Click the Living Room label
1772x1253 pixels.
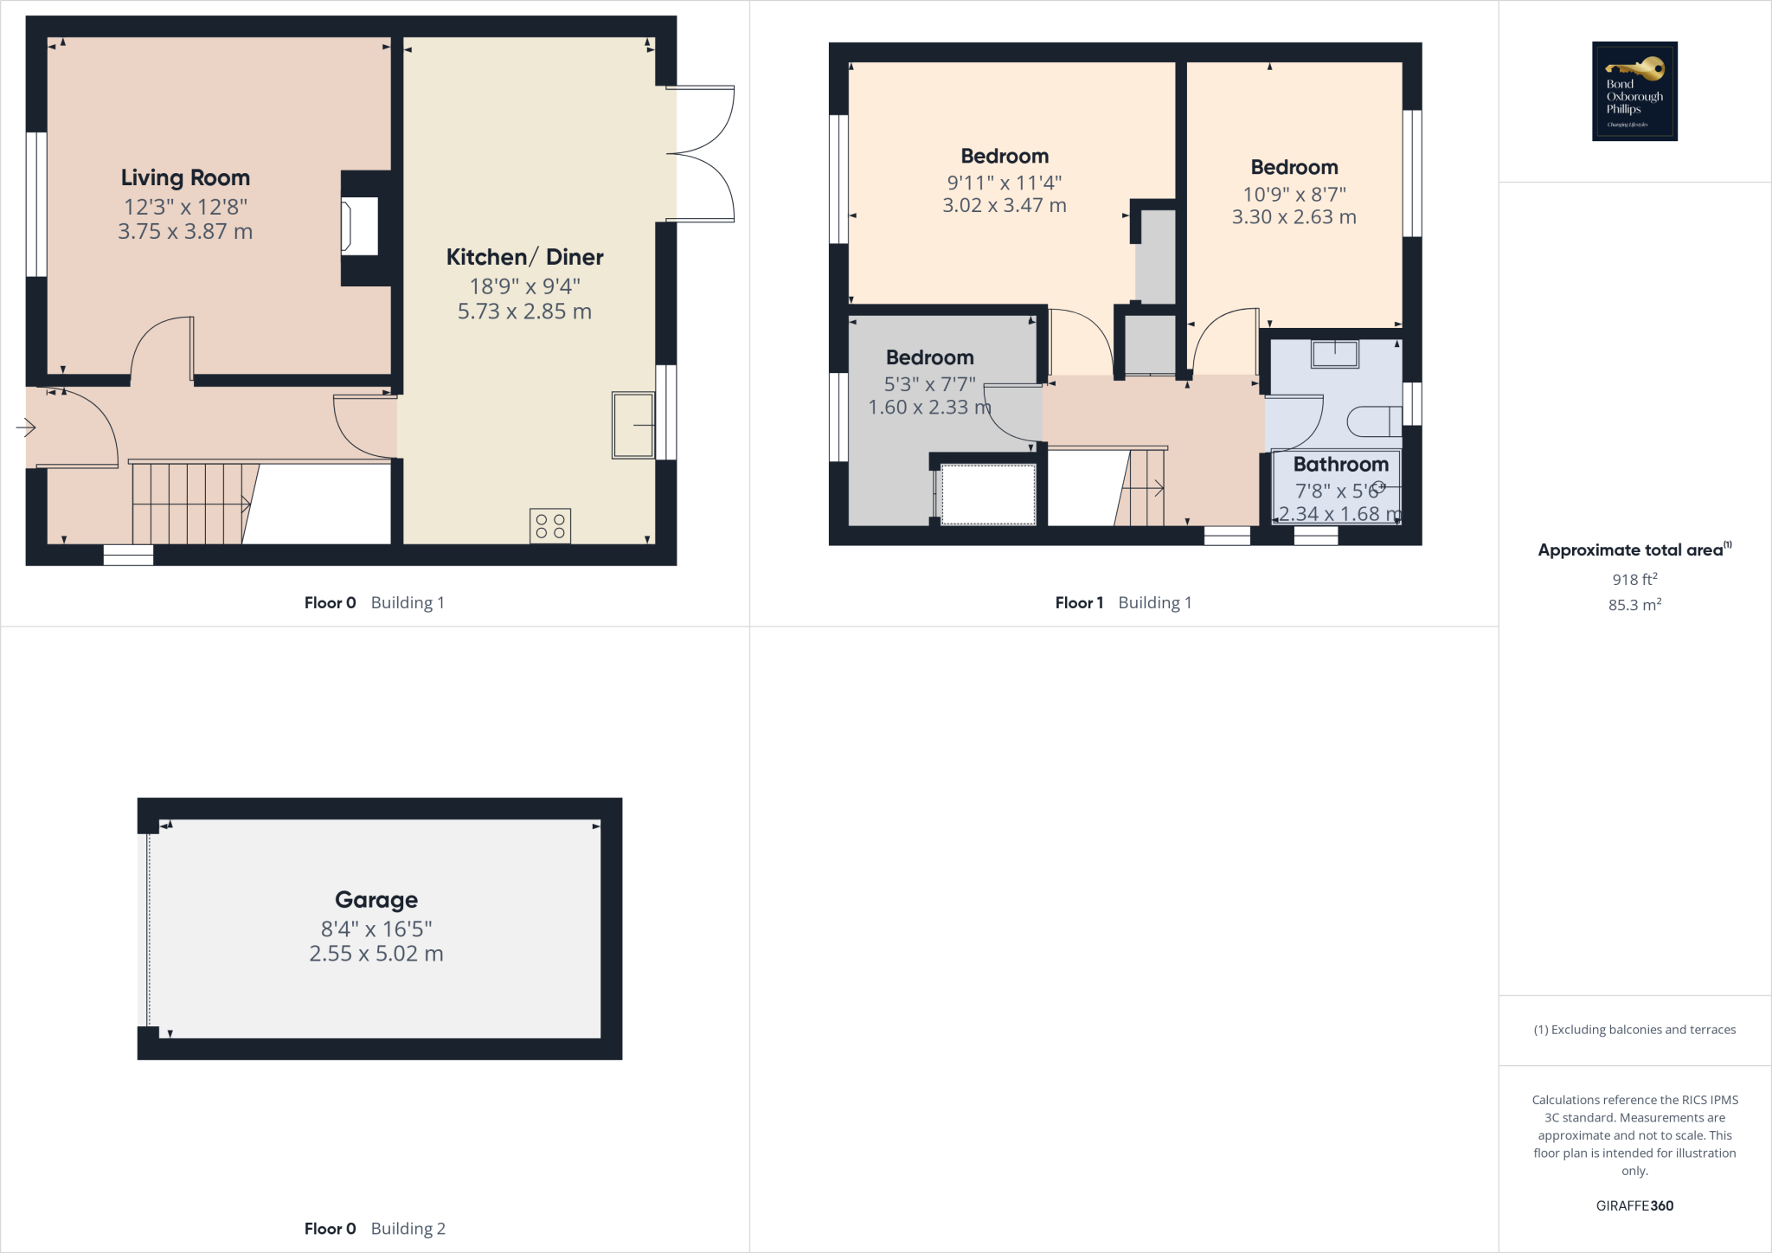pos(185,177)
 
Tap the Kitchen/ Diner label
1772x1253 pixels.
pos(524,257)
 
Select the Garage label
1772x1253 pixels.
pos(376,900)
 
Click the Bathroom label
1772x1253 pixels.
pos(1340,465)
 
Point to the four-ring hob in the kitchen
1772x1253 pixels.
pos(550,526)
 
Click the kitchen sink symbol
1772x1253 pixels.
pos(633,425)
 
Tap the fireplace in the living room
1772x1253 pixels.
pos(360,227)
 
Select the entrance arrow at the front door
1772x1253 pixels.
pos(25,427)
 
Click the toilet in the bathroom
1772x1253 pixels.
pos(1374,421)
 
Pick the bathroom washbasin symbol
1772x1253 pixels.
pos(1335,354)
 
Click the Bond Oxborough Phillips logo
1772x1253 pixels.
pos(1634,91)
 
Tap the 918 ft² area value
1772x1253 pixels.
pos(1634,580)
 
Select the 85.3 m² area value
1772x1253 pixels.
pos(1634,605)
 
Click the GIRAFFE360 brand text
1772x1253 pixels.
pos(1634,1205)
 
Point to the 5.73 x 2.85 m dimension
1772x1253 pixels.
pos(524,312)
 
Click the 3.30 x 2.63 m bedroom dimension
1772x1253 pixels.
pos(1294,217)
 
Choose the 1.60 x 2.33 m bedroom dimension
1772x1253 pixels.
pos(929,408)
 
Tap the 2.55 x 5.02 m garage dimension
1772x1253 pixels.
pos(376,954)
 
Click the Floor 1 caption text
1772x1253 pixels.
pos(1079,603)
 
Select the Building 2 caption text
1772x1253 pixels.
pos(408,1229)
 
